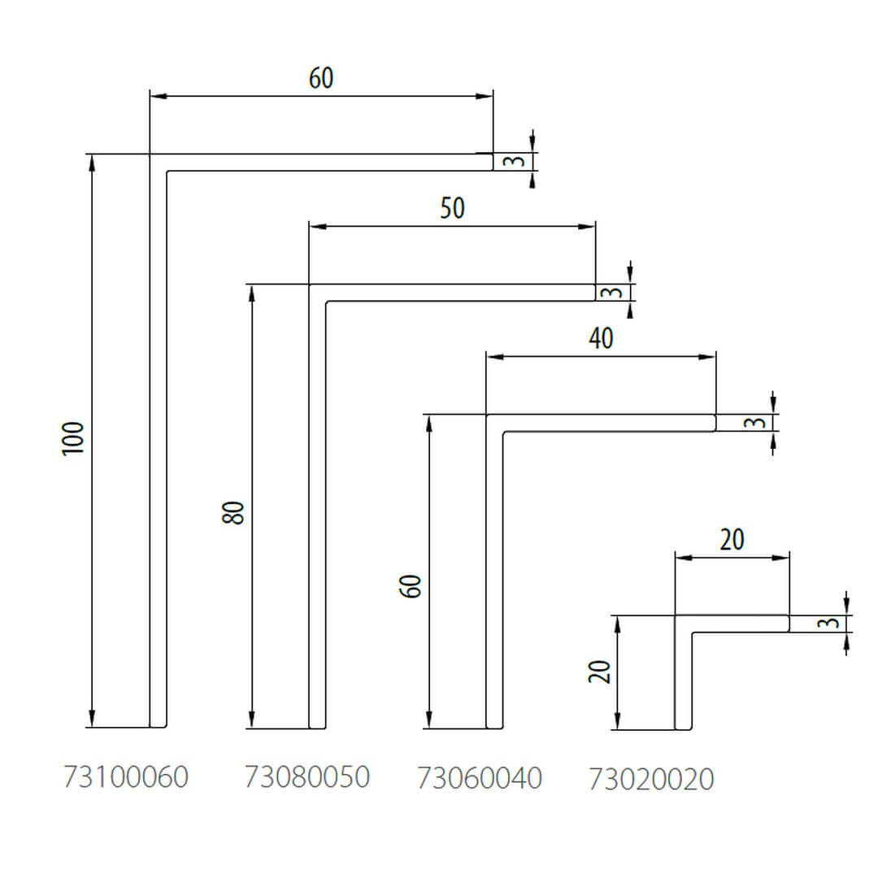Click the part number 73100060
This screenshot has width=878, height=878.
pos(126,777)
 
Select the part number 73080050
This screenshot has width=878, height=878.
pos(307,777)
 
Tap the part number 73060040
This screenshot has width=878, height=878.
pos(480,778)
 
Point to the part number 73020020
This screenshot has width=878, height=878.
pos(651,780)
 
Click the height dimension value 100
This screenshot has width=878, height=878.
pos(74,439)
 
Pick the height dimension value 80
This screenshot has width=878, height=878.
pos(233,512)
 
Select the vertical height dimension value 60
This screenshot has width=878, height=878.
pos(413,585)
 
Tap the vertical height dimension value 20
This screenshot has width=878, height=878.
pos(599,672)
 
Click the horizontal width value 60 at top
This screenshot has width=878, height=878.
pos(321,78)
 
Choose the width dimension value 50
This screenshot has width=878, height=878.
pos(452,209)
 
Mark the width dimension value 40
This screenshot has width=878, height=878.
pos(601,338)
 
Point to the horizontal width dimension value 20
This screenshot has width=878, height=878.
pos(732,540)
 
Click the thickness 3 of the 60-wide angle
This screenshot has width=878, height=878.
pos(513,161)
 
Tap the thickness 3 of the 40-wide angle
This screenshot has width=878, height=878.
pos(756,423)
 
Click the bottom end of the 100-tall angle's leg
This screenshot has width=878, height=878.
pos(159,725)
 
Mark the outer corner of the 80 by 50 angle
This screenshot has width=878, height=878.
pos(310,285)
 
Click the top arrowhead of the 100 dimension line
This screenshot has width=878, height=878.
pos(92,160)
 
